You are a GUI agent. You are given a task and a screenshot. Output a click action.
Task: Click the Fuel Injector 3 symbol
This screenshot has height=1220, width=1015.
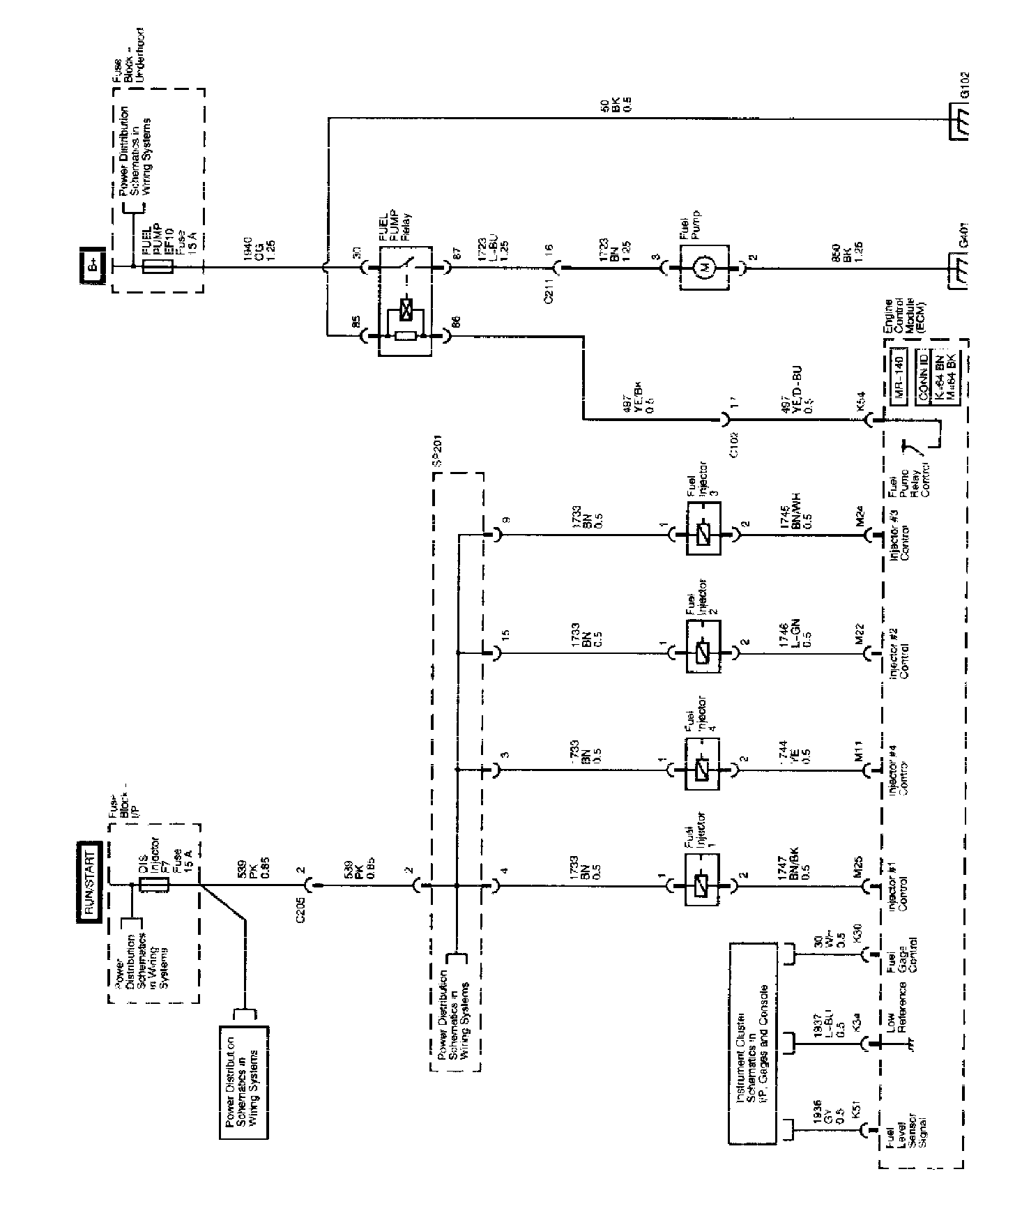click(704, 535)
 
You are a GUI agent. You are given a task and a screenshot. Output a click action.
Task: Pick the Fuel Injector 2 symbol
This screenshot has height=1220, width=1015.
click(704, 653)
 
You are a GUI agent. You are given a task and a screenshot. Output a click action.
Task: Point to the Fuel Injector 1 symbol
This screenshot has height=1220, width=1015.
click(704, 886)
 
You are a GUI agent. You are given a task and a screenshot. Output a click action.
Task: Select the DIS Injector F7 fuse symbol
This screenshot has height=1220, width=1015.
click(153, 885)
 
